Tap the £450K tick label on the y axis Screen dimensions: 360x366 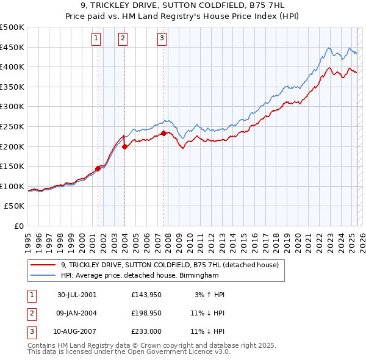(13, 47)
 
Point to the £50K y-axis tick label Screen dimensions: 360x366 (15, 206)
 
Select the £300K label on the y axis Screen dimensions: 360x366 (13, 107)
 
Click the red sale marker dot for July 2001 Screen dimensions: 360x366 (98, 168)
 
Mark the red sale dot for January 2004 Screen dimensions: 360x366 (124, 146)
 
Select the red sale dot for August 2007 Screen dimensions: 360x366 (163, 133)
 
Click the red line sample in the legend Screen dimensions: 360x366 (44, 265)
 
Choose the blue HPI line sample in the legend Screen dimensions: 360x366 (44, 276)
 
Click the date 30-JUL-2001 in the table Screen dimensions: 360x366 (77, 294)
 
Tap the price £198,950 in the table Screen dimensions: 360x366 (145, 313)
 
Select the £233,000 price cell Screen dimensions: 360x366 (145, 331)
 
